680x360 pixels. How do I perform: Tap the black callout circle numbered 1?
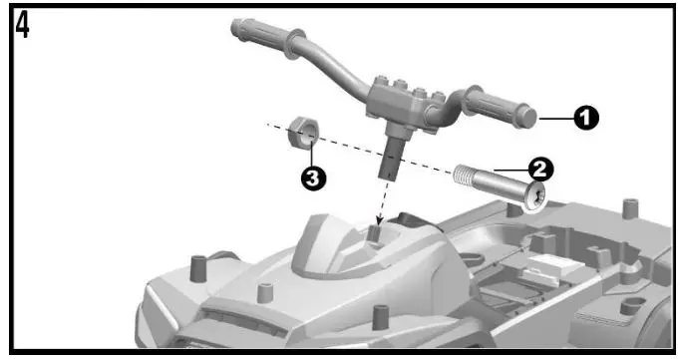[587, 118]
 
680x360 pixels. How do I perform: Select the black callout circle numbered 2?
[544, 168]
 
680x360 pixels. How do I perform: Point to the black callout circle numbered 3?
[313, 179]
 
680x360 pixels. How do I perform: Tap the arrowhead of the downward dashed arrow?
[378, 221]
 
